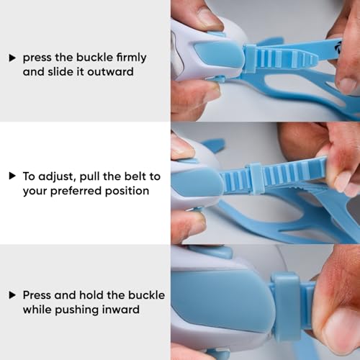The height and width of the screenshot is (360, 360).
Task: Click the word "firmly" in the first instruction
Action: coord(131,58)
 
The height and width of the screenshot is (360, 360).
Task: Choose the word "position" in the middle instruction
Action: coord(127,192)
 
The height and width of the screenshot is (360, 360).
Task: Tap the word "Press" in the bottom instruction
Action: coord(37,295)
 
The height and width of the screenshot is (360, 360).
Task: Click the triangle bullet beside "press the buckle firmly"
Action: coord(12,58)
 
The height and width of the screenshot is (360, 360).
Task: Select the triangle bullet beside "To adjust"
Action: coord(12,176)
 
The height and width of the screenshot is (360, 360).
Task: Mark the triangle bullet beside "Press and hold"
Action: coord(12,295)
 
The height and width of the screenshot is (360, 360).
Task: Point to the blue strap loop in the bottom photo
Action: coord(287,306)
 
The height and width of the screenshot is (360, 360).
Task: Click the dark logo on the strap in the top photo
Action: coord(337,46)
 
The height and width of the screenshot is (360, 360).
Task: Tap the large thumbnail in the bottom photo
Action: coord(341,330)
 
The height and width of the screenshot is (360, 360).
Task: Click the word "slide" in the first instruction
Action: coord(61,72)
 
